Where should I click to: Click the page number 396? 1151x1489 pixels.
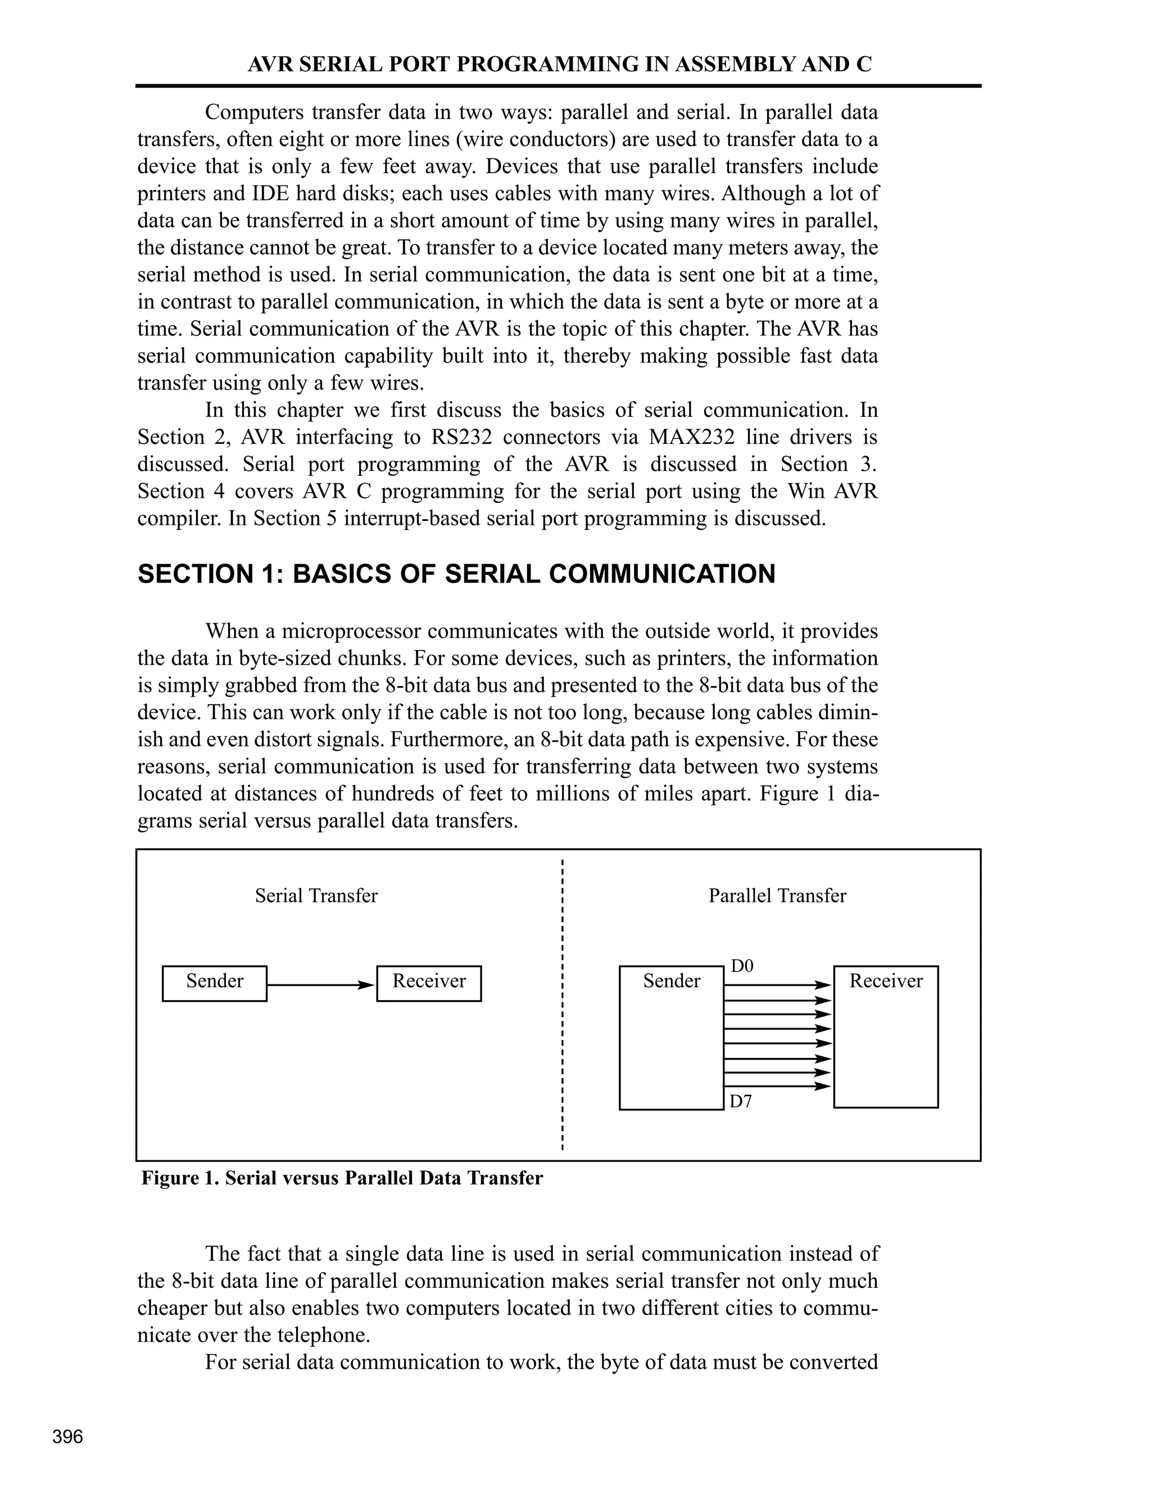pos(67,1437)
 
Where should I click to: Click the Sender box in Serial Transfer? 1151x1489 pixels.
pos(214,983)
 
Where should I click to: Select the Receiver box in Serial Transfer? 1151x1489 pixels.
pos(429,983)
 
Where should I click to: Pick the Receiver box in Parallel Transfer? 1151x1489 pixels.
pos(886,1036)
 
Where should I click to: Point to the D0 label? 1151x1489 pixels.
pos(742,966)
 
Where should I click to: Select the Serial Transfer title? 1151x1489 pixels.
pos(316,896)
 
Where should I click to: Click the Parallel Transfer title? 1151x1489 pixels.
pos(777,896)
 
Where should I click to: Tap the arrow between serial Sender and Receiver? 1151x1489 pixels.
pos(320,985)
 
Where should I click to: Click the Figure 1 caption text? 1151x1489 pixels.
pos(342,1178)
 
